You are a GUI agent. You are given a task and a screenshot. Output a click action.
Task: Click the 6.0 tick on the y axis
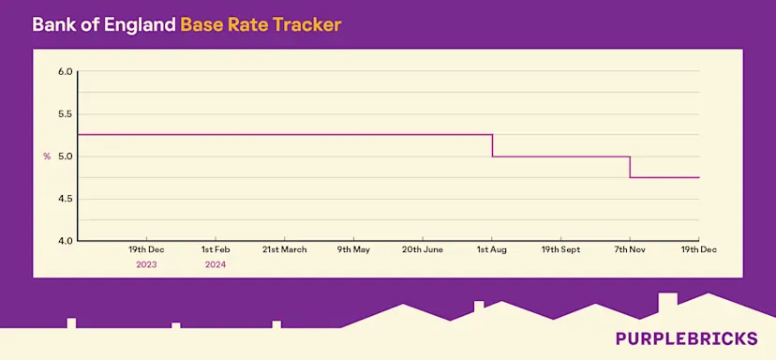coord(65,71)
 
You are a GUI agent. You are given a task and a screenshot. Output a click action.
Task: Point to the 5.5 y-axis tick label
coord(65,114)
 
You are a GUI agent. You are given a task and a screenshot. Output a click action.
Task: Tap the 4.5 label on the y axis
coord(65,199)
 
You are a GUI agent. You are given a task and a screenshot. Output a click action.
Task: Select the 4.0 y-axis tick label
coord(65,241)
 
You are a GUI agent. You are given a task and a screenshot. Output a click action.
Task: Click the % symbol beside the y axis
coord(47,157)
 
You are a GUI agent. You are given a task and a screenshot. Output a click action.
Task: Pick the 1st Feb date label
coord(216,250)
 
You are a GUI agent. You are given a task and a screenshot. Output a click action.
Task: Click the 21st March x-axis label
coord(285,250)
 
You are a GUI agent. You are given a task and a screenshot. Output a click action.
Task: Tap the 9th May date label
coord(354,250)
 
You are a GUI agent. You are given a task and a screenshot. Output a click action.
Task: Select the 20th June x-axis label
coord(423,250)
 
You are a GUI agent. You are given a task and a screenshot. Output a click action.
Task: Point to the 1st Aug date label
coord(492,250)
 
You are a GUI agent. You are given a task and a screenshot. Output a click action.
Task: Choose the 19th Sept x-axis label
coord(560,250)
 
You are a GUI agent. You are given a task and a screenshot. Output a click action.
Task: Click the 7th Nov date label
coord(630,250)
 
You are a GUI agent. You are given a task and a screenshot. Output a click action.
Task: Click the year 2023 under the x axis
coord(146,265)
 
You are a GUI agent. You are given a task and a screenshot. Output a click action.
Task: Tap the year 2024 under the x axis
coord(216,265)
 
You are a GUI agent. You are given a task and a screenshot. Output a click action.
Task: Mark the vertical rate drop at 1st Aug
coord(493,145)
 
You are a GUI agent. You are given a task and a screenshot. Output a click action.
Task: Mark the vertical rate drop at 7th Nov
coord(630,167)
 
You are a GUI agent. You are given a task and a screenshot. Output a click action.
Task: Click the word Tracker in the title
coord(306,23)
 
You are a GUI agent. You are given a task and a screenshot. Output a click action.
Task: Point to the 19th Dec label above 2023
coord(147,250)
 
